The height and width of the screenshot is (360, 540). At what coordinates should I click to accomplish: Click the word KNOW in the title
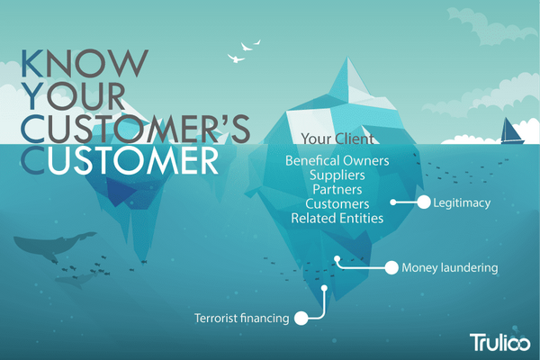pos(85,63)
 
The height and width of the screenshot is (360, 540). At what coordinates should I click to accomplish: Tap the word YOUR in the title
pos(73,95)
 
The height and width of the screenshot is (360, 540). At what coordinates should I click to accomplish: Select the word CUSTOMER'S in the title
pos(135,129)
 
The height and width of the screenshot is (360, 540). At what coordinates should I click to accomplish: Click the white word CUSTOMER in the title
pos(119,160)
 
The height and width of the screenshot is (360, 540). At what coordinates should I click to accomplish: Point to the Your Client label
pos(337,139)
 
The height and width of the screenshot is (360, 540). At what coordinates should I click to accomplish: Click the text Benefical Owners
pos(337,161)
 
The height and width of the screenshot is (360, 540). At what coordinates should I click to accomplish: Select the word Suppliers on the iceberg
pos(337,175)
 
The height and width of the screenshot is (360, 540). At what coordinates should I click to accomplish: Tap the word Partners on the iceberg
pos(337,190)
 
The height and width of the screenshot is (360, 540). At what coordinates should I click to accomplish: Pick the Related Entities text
pos(337,219)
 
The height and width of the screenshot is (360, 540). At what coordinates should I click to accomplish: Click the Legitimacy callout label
pos(462,202)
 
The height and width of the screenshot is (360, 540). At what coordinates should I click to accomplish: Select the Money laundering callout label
pos(450,267)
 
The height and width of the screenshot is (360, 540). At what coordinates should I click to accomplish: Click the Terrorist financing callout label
pos(242,318)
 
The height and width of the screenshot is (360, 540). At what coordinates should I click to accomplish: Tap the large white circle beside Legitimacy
pos(424,202)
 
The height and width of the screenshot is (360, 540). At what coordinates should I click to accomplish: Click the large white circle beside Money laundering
pos(391,267)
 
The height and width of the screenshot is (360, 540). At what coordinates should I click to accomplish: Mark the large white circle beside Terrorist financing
pos(301,318)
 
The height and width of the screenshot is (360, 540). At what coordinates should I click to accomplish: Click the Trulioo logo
pos(500,342)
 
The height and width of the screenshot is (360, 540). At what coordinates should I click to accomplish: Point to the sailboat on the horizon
pos(512,130)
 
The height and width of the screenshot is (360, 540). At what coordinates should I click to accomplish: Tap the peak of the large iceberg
pos(347,58)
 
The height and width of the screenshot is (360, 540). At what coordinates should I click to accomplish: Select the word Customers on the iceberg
pos(337,204)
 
